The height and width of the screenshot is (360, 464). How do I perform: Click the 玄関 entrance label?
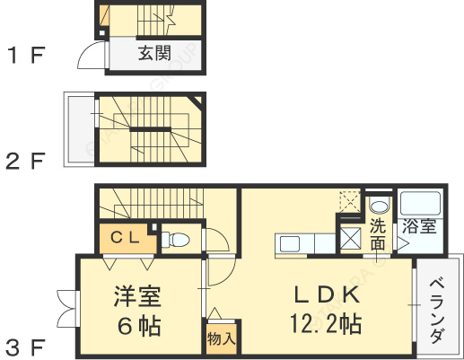tap(154, 53)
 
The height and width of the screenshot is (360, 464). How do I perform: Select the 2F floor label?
tap(25, 162)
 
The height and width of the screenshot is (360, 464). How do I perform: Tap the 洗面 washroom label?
tap(378, 234)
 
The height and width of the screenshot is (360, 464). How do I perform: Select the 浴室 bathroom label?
tap(419, 226)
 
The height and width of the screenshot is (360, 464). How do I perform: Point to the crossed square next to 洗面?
tap(349, 239)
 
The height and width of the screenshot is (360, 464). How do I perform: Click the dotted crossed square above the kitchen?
tap(349, 201)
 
